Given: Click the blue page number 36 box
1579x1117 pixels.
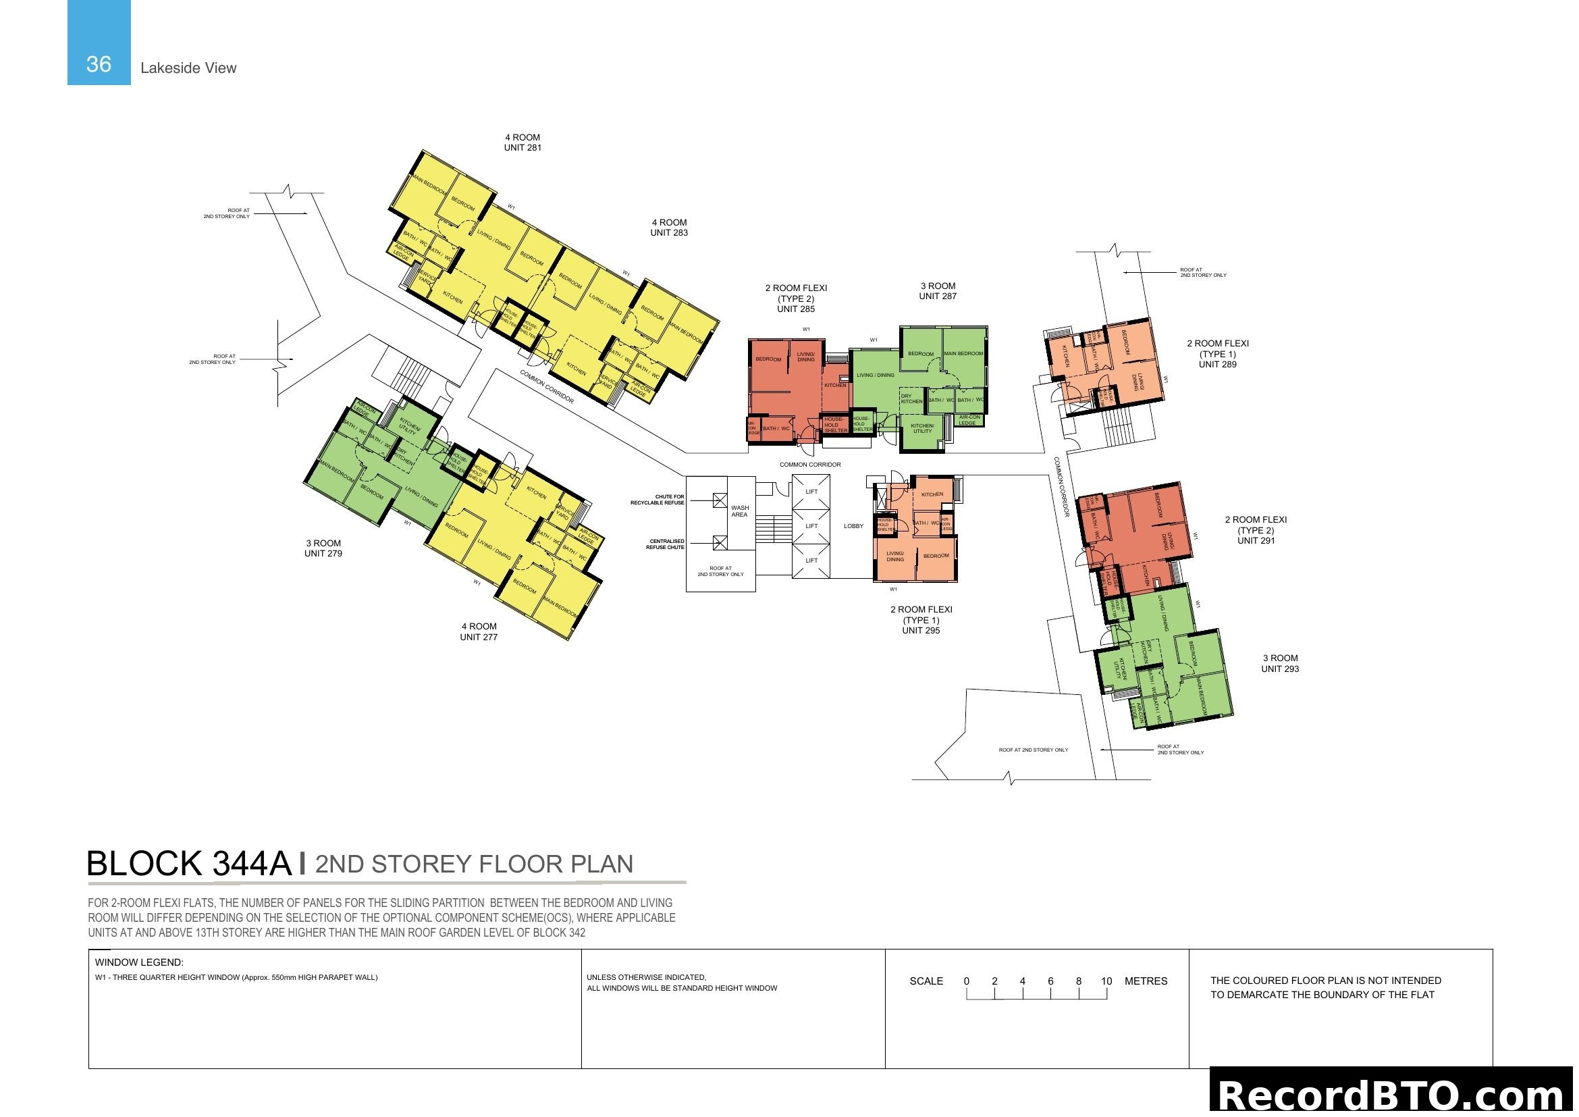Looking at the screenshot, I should [99, 43].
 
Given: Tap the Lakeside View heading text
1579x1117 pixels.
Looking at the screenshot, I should [188, 68].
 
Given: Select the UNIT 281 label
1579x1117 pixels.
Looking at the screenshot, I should [523, 148].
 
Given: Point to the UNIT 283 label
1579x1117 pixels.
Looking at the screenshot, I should [669, 233].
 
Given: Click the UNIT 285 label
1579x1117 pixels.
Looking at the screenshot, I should [796, 309].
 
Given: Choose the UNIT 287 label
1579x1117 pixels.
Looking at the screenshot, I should [938, 296].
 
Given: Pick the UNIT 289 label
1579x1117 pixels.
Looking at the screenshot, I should [1217, 365].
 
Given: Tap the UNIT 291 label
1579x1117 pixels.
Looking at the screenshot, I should [1256, 541].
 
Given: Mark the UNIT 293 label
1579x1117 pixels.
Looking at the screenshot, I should [1280, 669].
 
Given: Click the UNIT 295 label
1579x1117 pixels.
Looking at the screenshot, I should [921, 631].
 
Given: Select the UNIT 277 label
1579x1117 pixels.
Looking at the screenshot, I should [479, 637].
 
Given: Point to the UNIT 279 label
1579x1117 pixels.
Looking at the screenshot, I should [323, 554].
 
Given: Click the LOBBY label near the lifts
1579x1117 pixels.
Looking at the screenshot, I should [853, 526].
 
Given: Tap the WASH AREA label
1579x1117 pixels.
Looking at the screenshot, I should [740, 511].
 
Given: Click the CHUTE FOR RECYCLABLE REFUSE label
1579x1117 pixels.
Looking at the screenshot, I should [658, 499].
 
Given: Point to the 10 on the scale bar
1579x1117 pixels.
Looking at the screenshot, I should [1106, 981].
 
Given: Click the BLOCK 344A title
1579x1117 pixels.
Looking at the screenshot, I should [189, 864].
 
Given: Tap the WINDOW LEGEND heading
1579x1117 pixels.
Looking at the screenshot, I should [139, 962].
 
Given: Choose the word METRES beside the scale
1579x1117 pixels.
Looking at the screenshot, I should [1146, 981].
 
